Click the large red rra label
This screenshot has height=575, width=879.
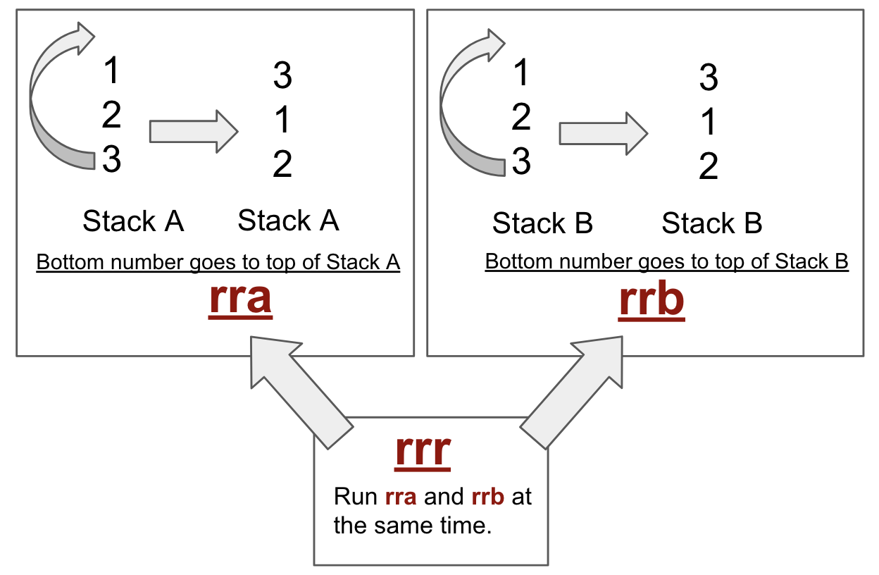240,299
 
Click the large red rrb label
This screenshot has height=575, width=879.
652,300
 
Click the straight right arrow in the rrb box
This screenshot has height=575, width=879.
603,133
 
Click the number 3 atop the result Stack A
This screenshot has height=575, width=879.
282,76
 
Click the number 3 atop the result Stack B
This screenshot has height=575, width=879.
709,78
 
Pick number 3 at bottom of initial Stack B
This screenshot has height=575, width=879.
520,162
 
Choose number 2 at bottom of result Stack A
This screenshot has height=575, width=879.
282,165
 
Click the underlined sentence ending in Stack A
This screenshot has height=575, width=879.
218,263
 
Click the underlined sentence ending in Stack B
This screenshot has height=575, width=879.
666,262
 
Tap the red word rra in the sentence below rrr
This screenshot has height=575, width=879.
401,497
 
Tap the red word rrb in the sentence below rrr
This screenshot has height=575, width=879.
488,497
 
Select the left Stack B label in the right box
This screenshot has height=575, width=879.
542,224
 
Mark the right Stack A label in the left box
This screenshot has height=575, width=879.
288,221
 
